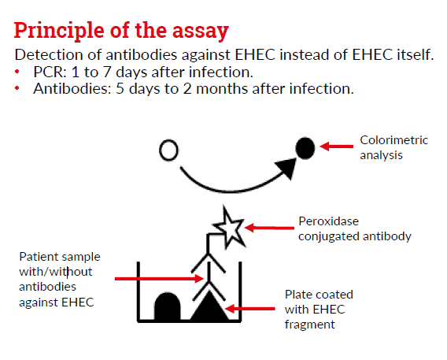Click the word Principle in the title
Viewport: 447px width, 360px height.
(59, 31)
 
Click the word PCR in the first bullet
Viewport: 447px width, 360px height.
(50, 72)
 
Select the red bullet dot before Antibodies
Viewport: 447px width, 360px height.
(17, 88)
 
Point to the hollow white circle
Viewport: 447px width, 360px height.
(168, 150)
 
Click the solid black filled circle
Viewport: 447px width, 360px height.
(305, 148)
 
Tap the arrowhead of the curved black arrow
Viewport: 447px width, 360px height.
(286, 168)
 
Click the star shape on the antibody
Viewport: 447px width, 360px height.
(230, 228)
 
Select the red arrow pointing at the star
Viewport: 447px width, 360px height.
(269, 228)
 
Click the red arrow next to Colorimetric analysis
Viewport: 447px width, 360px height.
(336, 147)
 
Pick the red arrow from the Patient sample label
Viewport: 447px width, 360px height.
(159, 278)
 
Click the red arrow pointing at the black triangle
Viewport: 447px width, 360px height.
(250, 309)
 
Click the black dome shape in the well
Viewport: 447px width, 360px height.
(168, 306)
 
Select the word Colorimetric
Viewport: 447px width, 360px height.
(394, 140)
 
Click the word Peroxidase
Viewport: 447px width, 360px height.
(329, 221)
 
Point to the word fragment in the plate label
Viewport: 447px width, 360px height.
(310, 325)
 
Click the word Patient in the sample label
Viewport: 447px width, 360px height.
(37, 257)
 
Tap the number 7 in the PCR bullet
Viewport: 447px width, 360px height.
(107, 72)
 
